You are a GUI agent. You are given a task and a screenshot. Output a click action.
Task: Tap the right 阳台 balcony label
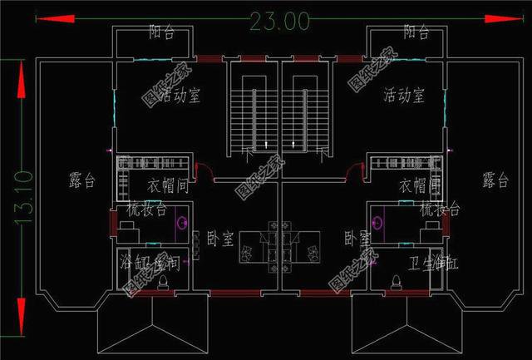tap(416, 32)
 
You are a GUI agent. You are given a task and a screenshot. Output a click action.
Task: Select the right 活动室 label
tap(404, 95)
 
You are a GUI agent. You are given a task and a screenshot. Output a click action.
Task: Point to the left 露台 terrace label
tap(80, 179)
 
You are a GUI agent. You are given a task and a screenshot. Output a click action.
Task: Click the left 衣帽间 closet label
tap(170, 185)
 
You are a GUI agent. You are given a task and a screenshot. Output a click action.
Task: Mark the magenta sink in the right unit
tap(379, 223)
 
